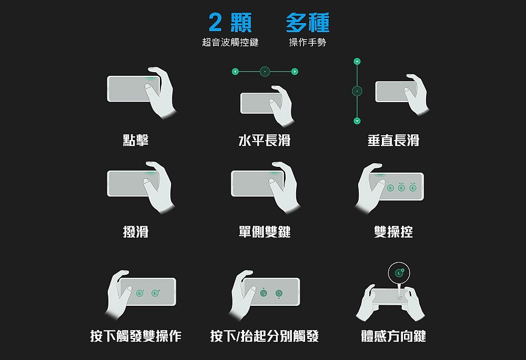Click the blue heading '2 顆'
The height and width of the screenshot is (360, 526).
(230, 23)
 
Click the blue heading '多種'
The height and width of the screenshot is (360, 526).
(308, 23)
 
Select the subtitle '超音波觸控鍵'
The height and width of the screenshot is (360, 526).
(230, 42)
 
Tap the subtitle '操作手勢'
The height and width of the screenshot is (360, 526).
(308, 42)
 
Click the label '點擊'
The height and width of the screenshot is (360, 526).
(136, 140)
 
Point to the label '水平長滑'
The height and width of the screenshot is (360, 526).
(265, 140)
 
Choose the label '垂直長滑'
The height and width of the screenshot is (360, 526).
(393, 140)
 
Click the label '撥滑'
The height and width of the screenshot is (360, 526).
(136, 232)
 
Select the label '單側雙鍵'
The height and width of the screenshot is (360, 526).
(265, 232)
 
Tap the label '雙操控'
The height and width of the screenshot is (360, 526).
(393, 232)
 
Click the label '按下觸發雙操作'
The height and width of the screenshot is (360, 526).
(136, 336)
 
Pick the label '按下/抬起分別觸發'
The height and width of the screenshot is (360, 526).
(265, 336)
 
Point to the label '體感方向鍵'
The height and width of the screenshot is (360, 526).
(393, 336)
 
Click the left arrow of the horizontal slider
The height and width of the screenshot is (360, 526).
(235, 72)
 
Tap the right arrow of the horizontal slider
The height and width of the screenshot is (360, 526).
(295, 72)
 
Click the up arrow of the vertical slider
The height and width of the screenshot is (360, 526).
(357, 62)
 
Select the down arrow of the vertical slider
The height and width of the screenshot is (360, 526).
(357, 121)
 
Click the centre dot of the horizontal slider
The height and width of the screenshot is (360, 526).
(265, 72)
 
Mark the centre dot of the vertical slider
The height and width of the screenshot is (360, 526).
(357, 91)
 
